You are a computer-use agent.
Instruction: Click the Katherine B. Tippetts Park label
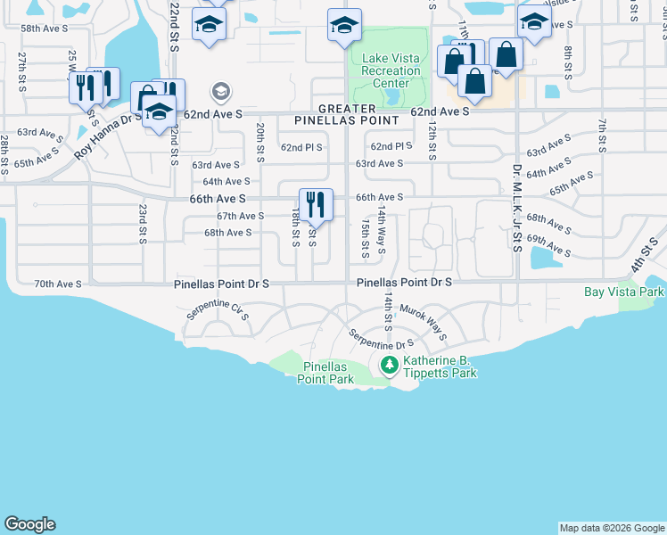pos(440,366)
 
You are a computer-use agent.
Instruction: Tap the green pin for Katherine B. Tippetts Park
pos(389,365)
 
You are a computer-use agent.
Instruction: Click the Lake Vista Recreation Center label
pos(391,71)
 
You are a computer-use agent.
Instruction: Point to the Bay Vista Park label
pos(624,292)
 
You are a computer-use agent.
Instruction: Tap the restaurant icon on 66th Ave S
pos(316,205)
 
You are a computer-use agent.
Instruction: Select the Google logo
pos(29,524)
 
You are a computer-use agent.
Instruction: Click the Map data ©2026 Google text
pos(611,528)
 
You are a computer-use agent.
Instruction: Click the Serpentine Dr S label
pos(381,340)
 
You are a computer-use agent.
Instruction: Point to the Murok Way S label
pos(422,321)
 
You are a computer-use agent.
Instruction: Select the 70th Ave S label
pos(58,284)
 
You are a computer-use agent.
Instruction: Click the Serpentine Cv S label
pos(217,311)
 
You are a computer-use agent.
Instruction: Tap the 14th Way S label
pos(381,230)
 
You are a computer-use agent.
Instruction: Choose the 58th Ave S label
pos(44,29)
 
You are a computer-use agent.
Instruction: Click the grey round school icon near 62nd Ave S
pos(220,91)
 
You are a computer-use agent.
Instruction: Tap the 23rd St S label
pos(143,223)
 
